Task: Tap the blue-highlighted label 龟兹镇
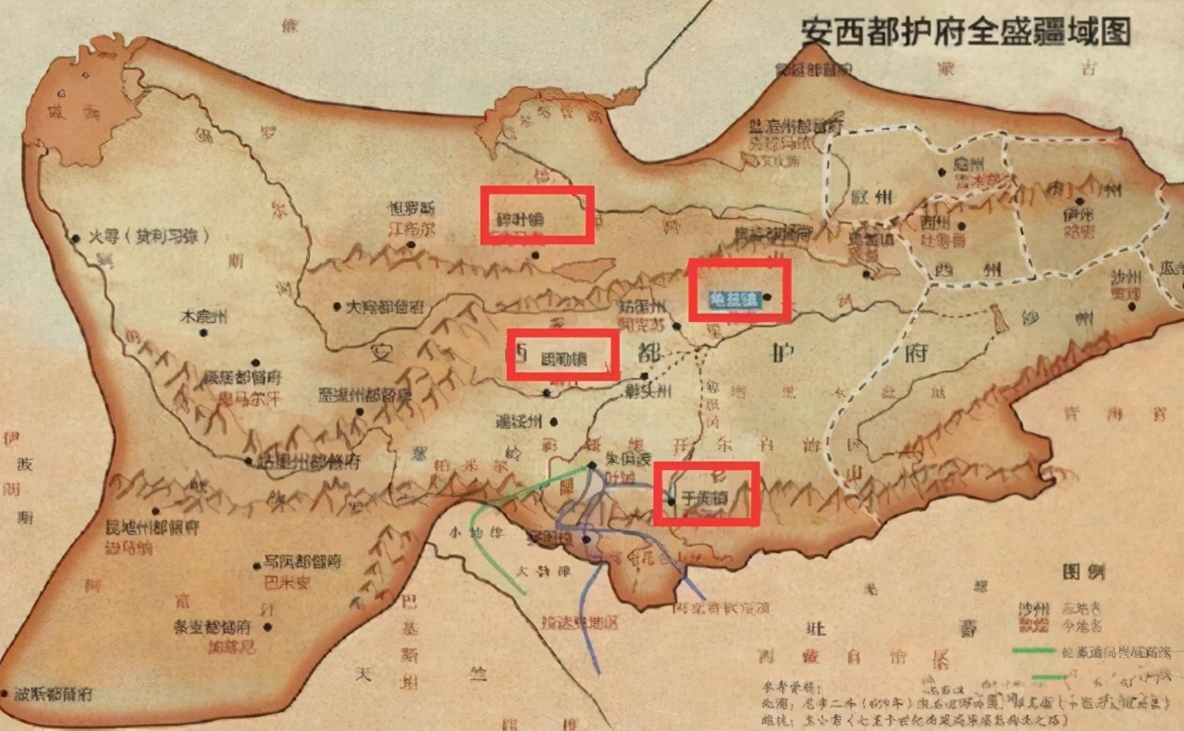click(x=734, y=298)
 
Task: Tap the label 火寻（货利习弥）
click(x=147, y=237)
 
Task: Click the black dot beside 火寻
click(x=76, y=238)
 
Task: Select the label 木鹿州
click(x=203, y=316)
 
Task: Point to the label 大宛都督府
click(x=384, y=306)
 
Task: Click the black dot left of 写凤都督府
click(x=256, y=564)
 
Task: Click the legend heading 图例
click(x=1083, y=571)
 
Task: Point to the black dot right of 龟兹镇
click(x=767, y=297)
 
